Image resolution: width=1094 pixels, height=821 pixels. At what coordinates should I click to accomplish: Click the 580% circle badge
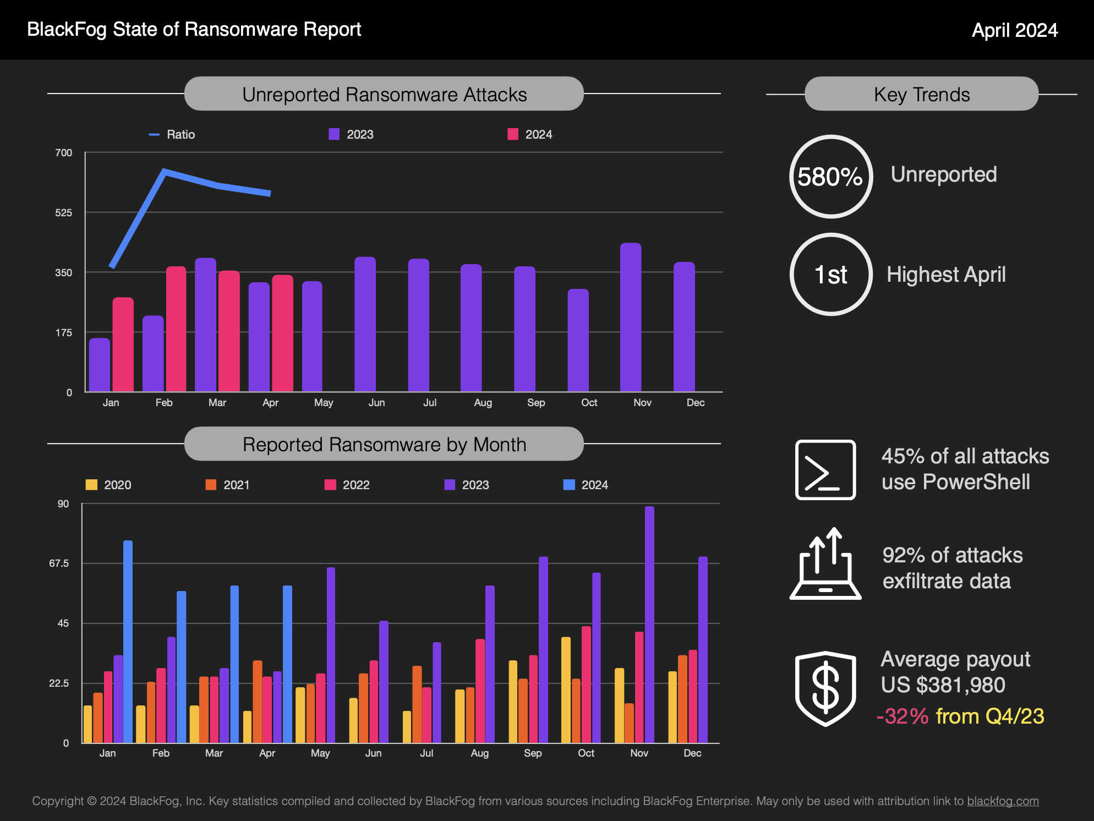pyautogui.click(x=830, y=177)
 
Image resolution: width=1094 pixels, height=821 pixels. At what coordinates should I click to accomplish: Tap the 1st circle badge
pyautogui.click(x=830, y=275)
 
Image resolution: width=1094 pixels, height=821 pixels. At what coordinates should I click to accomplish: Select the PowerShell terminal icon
pyautogui.click(x=825, y=469)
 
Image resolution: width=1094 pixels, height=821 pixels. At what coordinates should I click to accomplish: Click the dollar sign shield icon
pyautogui.click(x=825, y=688)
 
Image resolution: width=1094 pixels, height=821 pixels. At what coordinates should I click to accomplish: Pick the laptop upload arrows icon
pyautogui.click(x=825, y=564)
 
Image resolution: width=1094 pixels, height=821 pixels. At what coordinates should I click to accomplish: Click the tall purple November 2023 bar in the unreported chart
pyautogui.click(x=630, y=317)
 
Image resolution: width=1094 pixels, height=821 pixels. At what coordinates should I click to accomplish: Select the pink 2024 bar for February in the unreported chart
pyautogui.click(x=176, y=329)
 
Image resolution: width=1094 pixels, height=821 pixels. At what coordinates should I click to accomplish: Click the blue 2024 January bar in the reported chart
pyautogui.click(x=128, y=641)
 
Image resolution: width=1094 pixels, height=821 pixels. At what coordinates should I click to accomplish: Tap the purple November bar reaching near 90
pyautogui.click(x=649, y=625)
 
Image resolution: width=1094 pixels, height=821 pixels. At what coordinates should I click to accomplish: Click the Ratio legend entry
pyautogui.click(x=172, y=135)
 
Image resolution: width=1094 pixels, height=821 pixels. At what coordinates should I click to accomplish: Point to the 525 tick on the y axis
pyautogui.click(x=63, y=213)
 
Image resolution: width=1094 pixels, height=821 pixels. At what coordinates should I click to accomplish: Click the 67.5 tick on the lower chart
pyautogui.click(x=59, y=563)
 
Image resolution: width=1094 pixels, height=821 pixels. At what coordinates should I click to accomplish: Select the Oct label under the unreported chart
pyautogui.click(x=589, y=403)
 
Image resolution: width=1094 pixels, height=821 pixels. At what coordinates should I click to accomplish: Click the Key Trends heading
pyautogui.click(x=921, y=95)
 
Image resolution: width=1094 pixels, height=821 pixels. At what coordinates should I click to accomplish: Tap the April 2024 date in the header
pyautogui.click(x=1014, y=30)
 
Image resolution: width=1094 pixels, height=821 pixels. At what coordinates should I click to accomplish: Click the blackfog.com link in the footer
pyautogui.click(x=1003, y=801)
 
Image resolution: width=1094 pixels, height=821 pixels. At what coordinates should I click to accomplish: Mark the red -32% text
pyautogui.click(x=902, y=716)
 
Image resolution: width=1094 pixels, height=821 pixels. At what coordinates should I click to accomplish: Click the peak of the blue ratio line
pyautogui.click(x=164, y=171)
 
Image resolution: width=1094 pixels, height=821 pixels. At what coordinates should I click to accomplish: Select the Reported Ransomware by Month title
pyautogui.click(x=384, y=445)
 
